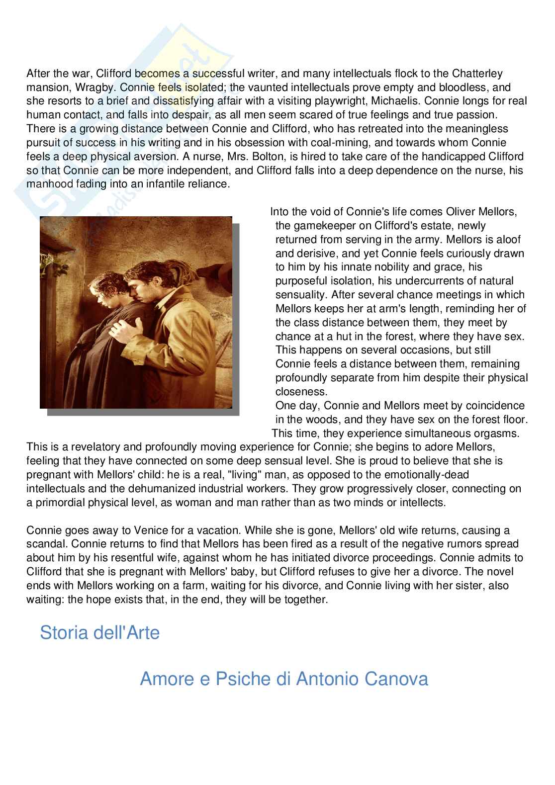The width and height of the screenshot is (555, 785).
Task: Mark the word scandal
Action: tap(45, 544)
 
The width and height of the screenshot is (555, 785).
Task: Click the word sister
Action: tap(460, 586)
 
